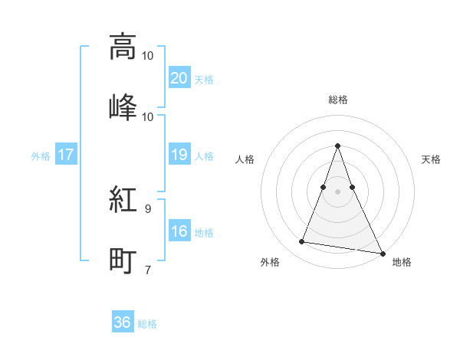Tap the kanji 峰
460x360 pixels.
click(123, 106)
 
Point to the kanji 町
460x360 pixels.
click(123, 260)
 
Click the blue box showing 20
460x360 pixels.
click(179, 78)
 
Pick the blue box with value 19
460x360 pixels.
click(179, 155)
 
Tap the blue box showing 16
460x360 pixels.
click(179, 232)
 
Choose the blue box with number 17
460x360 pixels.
click(65, 155)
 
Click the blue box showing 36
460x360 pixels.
click(123, 322)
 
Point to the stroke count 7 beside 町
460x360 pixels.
click(148, 269)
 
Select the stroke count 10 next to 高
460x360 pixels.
click(148, 55)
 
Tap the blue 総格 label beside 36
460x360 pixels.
click(147, 324)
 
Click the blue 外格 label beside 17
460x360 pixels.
click(41, 155)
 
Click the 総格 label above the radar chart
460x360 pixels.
click(338, 100)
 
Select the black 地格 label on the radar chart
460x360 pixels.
click(402, 263)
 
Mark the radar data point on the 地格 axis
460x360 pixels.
click(381, 253)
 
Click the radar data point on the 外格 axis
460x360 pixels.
click(302, 242)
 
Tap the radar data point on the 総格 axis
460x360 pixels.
click(338, 146)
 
